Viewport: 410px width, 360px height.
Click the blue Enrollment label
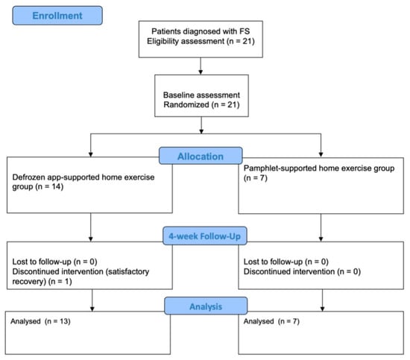click(x=57, y=16)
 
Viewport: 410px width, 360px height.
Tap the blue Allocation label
click(x=201, y=156)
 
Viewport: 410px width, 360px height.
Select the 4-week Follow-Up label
click(x=204, y=236)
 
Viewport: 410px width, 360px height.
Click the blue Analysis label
click(x=206, y=306)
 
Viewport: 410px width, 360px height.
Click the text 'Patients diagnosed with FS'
click(x=201, y=31)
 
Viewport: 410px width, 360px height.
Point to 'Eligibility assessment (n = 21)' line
click(x=201, y=41)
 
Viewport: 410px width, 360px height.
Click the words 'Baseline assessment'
click(x=201, y=95)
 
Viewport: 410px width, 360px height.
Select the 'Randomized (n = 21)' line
click(x=201, y=105)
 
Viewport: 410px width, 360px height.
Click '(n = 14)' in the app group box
click(x=49, y=186)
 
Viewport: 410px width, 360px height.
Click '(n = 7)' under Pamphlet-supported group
click(x=256, y=178)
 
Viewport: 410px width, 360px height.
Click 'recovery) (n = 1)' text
click(x=42, y=282)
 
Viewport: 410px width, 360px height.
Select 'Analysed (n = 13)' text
click(x=40, y=321)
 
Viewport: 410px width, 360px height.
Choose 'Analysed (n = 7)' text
click(x=271, y=321)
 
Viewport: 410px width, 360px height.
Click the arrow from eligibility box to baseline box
click(x=201, y=66)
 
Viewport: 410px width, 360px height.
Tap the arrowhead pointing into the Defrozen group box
click(x=91, y=154)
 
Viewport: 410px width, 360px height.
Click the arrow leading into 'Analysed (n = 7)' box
click(x=322, y=300)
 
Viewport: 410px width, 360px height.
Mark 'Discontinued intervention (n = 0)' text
click(x=302, y=271)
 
